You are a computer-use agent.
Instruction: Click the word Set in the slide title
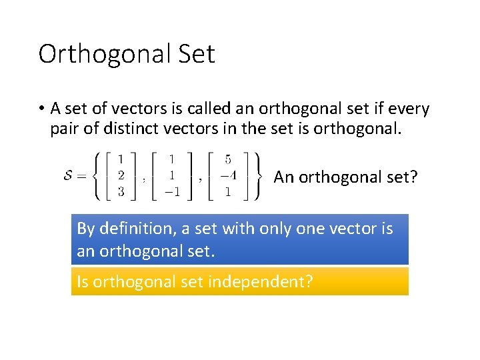pos(194,53)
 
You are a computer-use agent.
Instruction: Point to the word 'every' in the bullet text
pos(408,109)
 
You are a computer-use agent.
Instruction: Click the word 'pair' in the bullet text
pos(64,128)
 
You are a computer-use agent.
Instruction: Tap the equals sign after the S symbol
pos(83,177)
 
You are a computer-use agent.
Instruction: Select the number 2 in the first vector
pos(121,177)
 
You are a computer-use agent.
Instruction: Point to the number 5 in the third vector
pos(228,160)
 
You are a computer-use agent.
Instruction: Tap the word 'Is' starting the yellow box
pos(83,282)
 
